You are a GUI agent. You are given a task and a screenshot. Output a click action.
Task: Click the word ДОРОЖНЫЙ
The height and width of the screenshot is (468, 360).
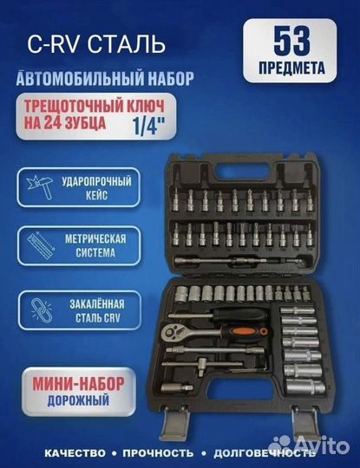coord(79,400)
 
